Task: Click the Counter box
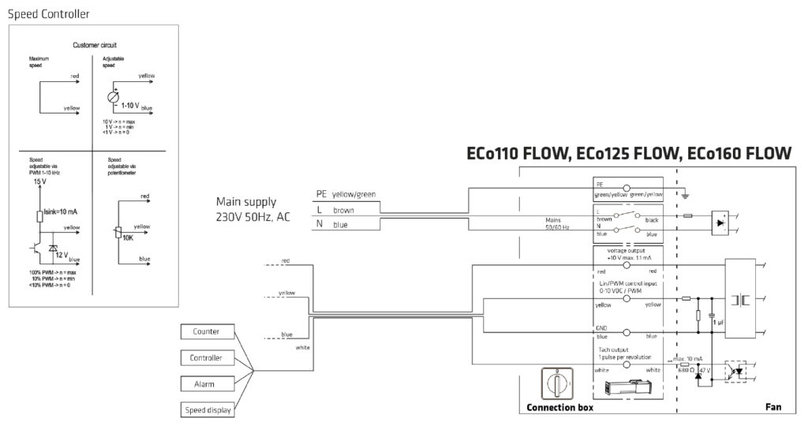(x=207, y=331)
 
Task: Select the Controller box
(x=207, y=357)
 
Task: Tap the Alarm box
(x=207, y=383)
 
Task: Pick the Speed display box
(x=207, y=409)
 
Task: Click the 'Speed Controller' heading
(x=48, y=14)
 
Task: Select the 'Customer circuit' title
(x=95, y=46)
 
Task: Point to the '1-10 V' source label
(x=129, y=105)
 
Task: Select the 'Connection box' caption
(x=559, y=409)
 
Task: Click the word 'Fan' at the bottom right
(x=773, y=409)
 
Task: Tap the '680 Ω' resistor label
(x=685, y=369)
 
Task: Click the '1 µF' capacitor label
(x=718, y=323)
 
